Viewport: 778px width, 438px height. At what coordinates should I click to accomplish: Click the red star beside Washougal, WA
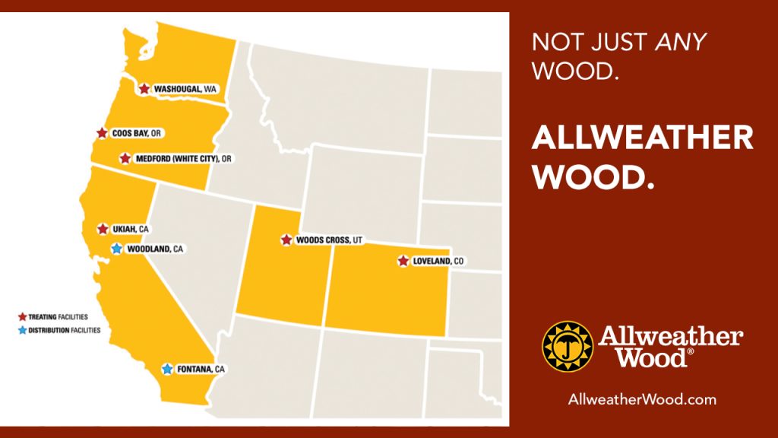coord(144,89)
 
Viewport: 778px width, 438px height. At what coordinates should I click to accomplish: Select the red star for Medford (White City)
coord(125,159)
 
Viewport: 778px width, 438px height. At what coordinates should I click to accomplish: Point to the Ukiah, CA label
coord(132,229)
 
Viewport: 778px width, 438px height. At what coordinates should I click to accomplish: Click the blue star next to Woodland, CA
coord(116,249)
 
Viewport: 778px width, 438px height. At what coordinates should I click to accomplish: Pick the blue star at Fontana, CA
coord(167,369)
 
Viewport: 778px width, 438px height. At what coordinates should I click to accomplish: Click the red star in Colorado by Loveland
coord(403,261)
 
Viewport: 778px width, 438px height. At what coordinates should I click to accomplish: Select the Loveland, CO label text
coord(438,262)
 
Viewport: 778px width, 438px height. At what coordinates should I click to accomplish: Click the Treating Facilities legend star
coord(22,316)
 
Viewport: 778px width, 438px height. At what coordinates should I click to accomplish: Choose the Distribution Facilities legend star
coord(22,330)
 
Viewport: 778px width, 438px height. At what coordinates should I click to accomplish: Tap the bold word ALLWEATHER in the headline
coord(642,138)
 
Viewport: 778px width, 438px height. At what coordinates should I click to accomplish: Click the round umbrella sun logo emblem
coord(567,346)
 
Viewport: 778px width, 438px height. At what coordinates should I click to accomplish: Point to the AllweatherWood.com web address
coord(642,399)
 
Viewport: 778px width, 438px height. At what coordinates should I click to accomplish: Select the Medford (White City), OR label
coord(183,159)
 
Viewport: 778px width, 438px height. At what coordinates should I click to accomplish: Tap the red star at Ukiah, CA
coord(103,229)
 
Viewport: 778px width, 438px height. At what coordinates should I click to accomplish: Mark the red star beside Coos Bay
coord(102,133)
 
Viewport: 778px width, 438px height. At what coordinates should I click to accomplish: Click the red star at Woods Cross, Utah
coord(286,240)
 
